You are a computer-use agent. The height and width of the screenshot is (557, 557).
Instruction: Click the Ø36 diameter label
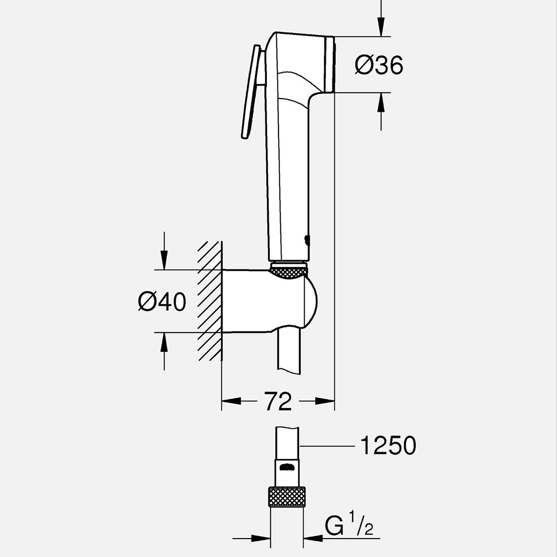[x=379, y=65]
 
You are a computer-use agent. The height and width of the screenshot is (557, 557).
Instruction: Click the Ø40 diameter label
[x=162, y=302]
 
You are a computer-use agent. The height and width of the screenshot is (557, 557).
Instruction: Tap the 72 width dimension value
[x=278, y=401]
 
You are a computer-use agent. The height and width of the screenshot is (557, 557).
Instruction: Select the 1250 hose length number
[x=388, y=445]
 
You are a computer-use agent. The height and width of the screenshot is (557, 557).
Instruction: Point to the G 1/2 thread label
[x=348, y=526]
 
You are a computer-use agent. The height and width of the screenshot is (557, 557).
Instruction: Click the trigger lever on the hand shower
[x=251, y=92]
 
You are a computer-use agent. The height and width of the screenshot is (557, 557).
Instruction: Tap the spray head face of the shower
[x=331, y=64]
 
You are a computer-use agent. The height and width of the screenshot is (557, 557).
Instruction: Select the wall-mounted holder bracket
[x=267, y=301]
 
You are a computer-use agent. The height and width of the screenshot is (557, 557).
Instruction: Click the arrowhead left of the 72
[x=231, y=401]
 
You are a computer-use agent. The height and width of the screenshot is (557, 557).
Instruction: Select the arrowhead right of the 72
[x=325, y=401]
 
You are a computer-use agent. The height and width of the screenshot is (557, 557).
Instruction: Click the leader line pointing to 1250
[x=328, y=445]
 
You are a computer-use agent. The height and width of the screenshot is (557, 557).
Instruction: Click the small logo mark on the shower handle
[x=307, y=240]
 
